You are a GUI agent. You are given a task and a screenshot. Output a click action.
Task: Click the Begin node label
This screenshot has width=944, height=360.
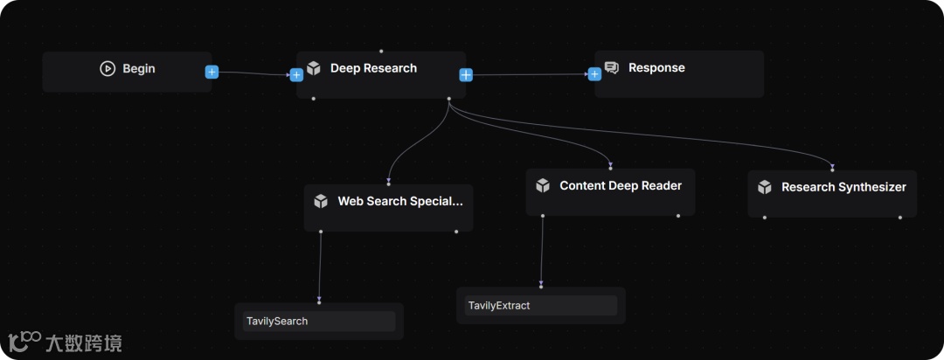(x=138, y=69)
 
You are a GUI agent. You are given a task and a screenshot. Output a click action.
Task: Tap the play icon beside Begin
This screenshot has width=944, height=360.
(x=108, y=69)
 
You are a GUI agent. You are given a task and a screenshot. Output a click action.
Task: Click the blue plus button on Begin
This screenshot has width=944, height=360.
(x=212, y=72)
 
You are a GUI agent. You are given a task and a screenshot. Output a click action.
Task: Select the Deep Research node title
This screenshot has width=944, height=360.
(x=373, y=68)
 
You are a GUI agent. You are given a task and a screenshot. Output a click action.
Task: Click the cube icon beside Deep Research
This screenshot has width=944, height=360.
(x=314, y=68)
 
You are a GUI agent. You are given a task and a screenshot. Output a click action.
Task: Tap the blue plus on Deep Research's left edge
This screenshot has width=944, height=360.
(x=296, y=74)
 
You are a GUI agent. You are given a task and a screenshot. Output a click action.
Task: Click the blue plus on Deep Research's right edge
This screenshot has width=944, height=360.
(x=466, y=74)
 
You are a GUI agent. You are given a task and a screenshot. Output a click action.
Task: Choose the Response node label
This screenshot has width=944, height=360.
(x=656, y=68)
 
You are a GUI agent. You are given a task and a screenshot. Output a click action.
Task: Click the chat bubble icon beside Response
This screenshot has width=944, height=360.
(x=612, y=68)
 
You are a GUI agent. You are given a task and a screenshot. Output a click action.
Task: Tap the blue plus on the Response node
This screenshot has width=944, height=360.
(x=594, y=74)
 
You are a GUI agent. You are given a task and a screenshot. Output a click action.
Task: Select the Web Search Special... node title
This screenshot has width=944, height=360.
(x=400, y=202)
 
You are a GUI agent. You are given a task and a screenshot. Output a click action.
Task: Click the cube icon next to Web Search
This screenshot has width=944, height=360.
(x=321, y=202)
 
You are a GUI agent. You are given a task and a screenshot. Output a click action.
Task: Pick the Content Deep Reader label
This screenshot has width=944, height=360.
(x=621, y=186)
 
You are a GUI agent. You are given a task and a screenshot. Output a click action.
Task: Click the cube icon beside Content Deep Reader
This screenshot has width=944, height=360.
(x=543, y=186)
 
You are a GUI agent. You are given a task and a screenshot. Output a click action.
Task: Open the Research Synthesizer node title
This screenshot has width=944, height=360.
(x=843, y=187)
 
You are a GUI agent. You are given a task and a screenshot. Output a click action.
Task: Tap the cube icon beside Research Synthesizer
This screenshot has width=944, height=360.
(x=765, y=187)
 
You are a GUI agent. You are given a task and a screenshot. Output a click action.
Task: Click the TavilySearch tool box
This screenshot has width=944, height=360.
(x=319, y=322)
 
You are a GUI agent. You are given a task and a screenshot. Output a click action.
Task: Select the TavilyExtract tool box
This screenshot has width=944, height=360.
(x=540, y=306)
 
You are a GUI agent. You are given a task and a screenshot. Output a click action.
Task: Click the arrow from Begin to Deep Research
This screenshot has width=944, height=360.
(x=253, y=73)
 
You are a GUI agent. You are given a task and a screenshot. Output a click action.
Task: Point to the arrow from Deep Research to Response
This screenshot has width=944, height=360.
(x=530, y=74)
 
